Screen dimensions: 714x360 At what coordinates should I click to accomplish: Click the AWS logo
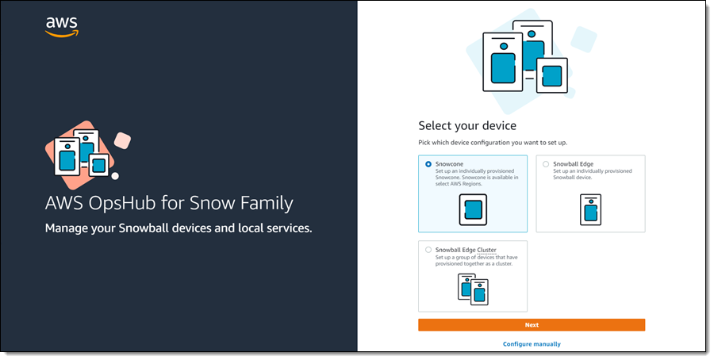pos(62,27)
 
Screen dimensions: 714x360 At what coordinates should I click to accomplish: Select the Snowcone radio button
pos(428,164)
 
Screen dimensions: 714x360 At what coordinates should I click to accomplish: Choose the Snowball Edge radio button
pos(546,164)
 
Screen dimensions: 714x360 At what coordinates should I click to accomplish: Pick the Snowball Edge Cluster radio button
pos(428,250)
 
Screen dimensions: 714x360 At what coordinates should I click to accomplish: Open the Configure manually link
pos(532,344)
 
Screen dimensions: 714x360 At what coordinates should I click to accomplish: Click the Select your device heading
pos(467,125)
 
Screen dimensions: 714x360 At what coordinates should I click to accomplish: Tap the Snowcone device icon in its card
pos(473,210)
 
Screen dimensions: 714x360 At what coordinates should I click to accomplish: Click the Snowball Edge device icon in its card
pos(590,210)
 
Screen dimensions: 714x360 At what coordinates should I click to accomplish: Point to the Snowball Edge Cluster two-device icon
pos(473,289)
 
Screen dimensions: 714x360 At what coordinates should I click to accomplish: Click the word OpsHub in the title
pos(121,203)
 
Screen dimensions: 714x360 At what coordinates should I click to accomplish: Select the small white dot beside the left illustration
pos(115,176)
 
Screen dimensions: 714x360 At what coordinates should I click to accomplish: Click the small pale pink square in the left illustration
pos(122,140)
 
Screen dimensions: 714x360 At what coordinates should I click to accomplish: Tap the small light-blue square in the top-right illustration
pos(583,39)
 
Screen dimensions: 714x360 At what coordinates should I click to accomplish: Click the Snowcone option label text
pos(449,164)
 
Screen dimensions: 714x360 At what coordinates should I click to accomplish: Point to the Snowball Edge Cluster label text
pos(466,250)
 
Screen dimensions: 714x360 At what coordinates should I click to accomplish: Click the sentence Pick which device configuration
pos(493,143)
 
